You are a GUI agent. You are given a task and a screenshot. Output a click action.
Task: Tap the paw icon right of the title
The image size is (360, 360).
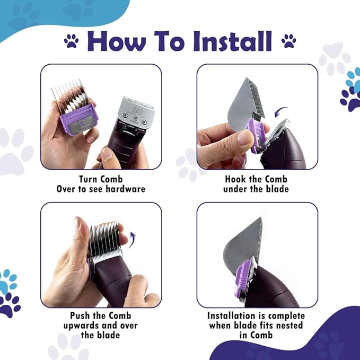[289, 40]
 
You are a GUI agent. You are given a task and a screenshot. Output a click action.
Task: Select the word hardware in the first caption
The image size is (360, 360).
[127, 189]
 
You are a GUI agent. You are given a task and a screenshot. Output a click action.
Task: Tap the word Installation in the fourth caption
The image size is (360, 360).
[236, 315]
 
